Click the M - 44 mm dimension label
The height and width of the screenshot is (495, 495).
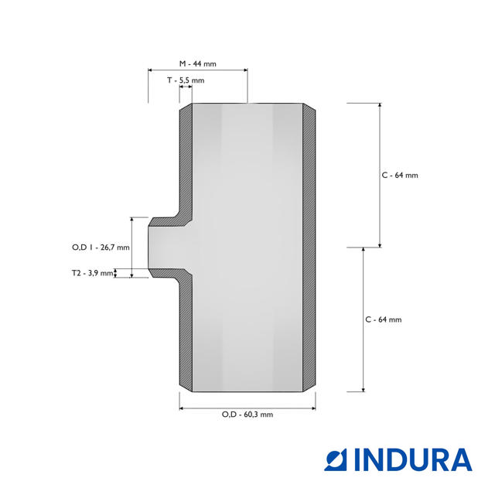[x=198, y=63]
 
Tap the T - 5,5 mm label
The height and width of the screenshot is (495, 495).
[x=186, y=80]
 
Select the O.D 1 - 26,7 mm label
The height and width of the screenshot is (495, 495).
[x=101, y=247]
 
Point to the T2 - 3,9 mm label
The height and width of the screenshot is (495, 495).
[x=92, y=273]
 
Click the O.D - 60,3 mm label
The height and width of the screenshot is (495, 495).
[x=247, y=415]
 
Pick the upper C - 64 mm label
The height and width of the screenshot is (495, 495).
[x=400, y=176]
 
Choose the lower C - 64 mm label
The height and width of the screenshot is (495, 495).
[x=384, y=319]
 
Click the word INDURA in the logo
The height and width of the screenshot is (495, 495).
[x=413, y=460]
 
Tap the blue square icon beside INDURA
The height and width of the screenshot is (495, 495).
[x=335, y=460]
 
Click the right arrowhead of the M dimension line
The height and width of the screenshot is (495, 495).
[x=246, y=70]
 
